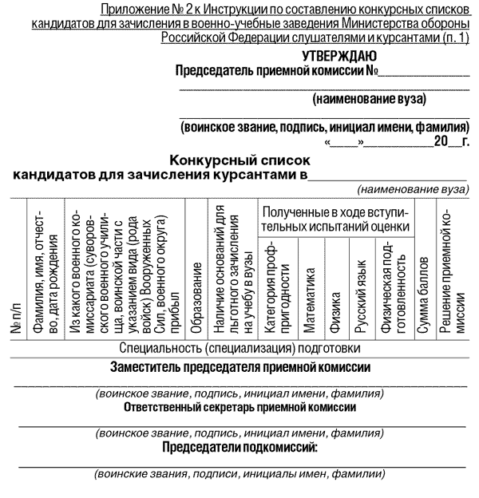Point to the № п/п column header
pyautogui.click(x=17, y=319)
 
